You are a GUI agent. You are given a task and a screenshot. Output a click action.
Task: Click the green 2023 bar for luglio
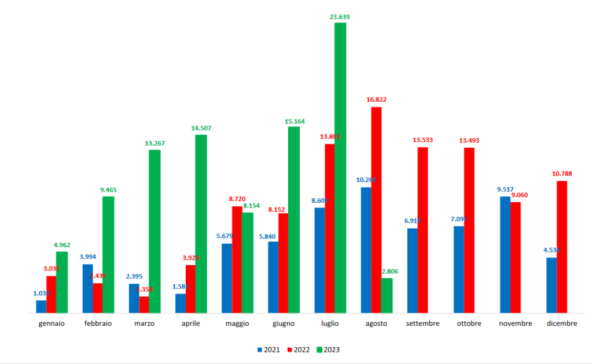click(340, 168)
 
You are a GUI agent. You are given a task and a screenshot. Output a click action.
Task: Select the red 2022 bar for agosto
click(377, 210)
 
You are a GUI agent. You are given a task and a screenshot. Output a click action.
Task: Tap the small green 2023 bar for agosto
click(387, 295)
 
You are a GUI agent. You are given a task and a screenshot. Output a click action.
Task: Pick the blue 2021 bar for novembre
click(505, 254)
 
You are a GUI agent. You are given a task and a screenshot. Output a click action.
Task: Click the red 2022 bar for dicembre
click(562, 247)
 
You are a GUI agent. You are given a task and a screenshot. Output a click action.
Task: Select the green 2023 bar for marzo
click(155, 231)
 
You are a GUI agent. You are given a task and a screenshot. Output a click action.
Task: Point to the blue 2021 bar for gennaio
click(41, 306)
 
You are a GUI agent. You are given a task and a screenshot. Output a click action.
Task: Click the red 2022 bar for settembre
click(423, 230)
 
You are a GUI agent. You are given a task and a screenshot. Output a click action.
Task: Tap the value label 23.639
click(340, 17)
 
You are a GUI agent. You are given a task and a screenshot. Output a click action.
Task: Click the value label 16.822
click(376, 99)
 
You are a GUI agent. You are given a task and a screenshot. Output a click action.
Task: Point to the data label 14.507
click(201, 128)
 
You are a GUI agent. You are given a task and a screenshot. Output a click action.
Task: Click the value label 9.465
click(108, 189)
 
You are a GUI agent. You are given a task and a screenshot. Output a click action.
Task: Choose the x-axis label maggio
click(237, 324)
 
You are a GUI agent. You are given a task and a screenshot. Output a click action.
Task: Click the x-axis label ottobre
click(469, 324)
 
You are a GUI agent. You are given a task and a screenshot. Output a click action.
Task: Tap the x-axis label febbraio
click(98, 324)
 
